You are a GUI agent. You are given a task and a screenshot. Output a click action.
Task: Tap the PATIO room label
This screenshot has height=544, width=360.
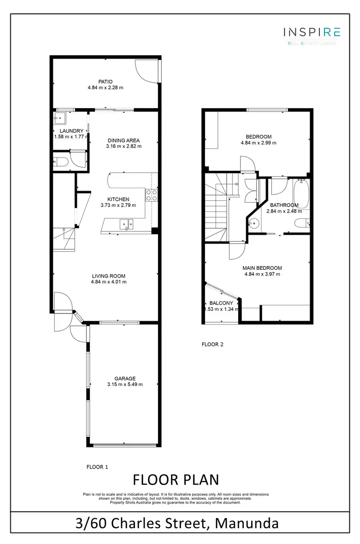click(106, 82)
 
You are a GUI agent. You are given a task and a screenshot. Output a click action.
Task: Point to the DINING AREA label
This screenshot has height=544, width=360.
click(123, 141)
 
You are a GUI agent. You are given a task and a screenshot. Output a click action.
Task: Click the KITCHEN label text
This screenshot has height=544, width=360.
click(118, 199)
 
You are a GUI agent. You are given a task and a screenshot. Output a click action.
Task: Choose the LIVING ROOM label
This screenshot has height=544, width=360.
click(108, 276)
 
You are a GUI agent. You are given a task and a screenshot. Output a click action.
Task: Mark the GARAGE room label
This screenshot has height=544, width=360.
click(125, 378)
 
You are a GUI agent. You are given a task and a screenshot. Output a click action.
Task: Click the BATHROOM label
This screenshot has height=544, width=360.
click(284, 206)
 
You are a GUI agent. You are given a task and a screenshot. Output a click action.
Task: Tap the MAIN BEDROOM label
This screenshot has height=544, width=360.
click(262, 268)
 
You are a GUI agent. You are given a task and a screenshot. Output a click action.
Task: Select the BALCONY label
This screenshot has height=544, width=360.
click(221, 303)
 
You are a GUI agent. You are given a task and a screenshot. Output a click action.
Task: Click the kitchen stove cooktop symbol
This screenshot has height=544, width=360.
click(152, 194)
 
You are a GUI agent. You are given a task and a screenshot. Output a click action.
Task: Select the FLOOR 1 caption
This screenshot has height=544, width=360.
click(97, 466)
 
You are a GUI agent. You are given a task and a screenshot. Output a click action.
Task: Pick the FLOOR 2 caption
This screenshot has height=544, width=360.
click(212, 344)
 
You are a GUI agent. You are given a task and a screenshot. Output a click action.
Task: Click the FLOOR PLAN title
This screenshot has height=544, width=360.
click(175, 480)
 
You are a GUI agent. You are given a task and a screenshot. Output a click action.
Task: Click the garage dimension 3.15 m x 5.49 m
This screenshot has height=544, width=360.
click(125, 384)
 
